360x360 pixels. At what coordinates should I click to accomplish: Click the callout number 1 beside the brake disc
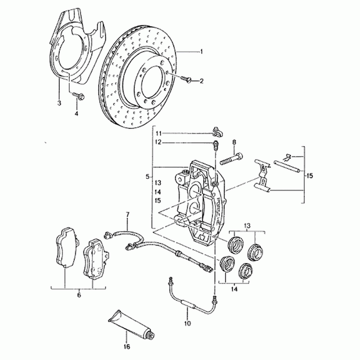[201, 52]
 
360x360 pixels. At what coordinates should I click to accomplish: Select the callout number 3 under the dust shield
[59, 104]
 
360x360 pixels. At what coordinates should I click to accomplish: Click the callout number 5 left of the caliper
[147, 175]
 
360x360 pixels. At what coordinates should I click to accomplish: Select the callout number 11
[158, 133]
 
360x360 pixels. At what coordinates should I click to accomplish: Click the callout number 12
[158, 142]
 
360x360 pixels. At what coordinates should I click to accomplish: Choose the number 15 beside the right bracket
[309, 175]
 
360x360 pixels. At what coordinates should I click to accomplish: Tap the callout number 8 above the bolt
[234, 142]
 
